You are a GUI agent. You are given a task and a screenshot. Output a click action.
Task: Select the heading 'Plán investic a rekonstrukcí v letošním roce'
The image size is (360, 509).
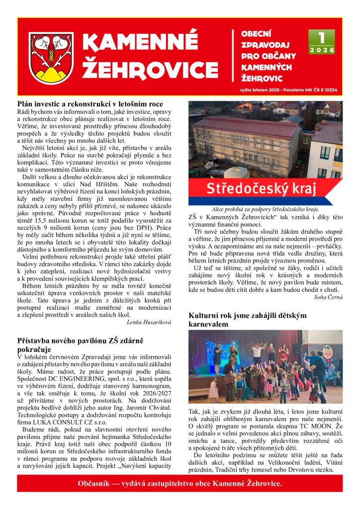[90, 104]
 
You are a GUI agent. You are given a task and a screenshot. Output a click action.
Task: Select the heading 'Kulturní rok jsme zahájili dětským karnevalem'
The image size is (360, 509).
[248, 320]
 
